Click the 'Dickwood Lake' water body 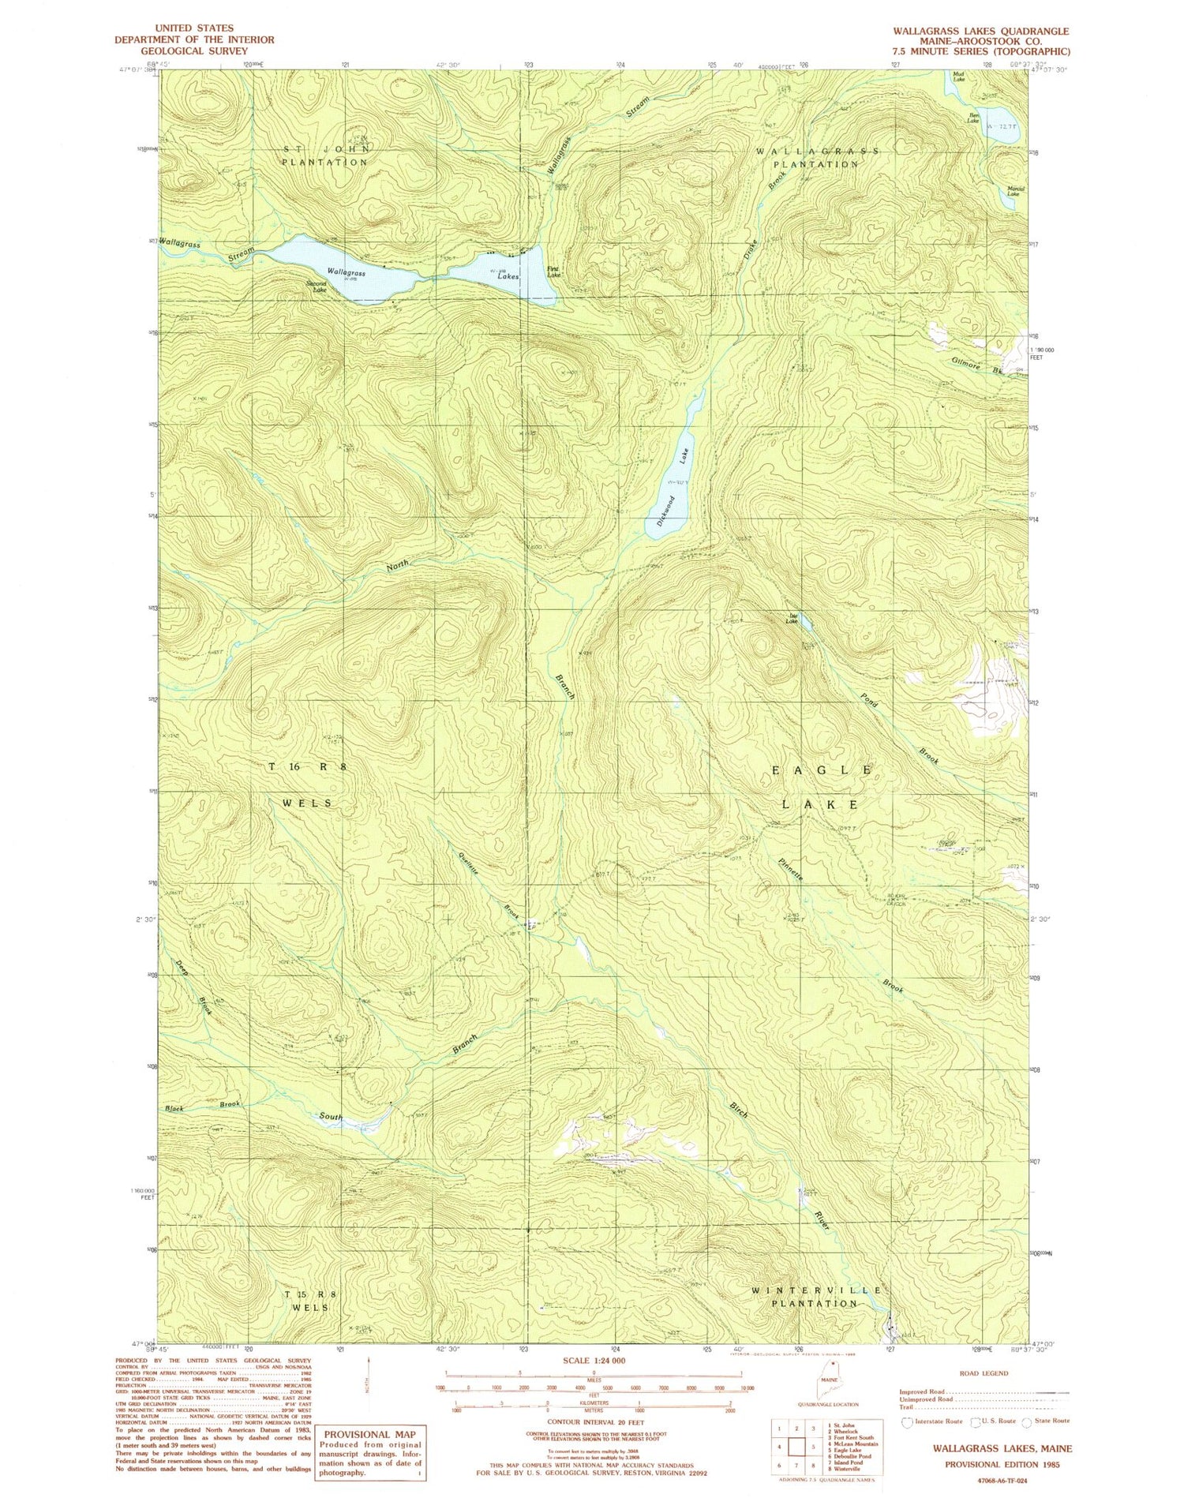[x=673, y=489]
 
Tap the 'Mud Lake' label [x=958, y=78]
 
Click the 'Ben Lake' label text [x=973, y=119]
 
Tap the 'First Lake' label [x=554, y=272]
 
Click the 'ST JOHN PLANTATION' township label [x=324, y=155]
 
